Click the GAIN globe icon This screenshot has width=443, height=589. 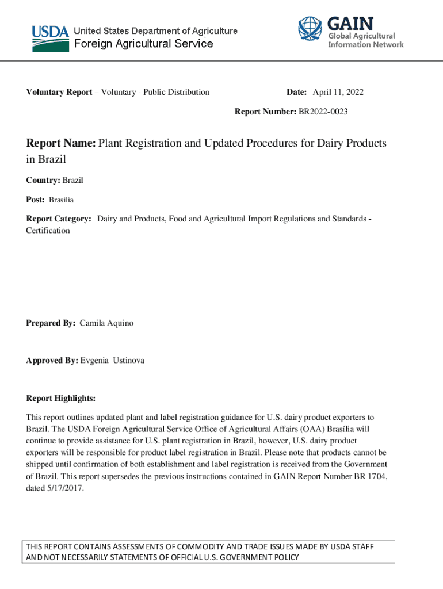310,29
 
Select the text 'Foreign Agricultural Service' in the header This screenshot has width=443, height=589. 142,44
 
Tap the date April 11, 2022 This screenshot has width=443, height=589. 338,92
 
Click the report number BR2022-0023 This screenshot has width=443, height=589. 322,112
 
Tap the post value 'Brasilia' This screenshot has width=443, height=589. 61,200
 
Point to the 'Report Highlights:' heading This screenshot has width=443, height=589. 60,399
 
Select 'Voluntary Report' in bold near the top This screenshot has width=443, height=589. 60,92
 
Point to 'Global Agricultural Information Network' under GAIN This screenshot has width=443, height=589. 365,40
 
